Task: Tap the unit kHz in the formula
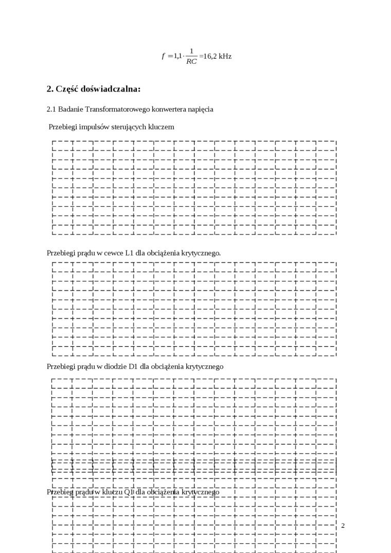225,56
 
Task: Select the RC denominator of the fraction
191,61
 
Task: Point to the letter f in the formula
163,56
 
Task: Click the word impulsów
94,127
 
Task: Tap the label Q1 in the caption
129,492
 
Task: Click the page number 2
343,525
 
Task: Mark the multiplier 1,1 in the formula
177,56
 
